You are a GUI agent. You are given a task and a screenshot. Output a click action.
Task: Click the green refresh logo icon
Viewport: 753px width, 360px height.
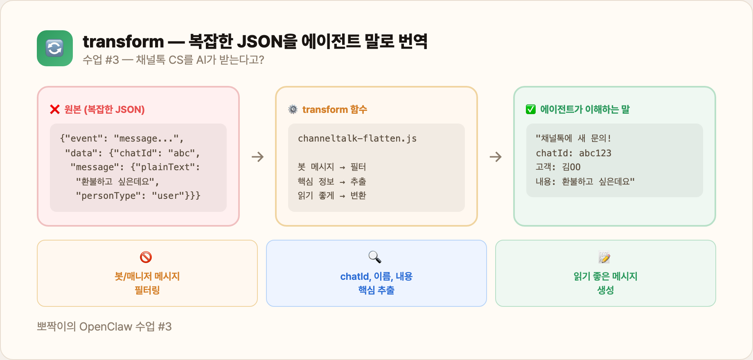click(54, 48)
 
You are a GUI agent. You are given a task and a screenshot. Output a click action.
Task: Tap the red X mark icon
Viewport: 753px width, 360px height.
click(55, 110)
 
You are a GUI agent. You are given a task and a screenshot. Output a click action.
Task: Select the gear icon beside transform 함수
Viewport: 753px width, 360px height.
click(293, 110)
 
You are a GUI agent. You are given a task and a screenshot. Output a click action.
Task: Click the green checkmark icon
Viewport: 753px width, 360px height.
click(531, 110)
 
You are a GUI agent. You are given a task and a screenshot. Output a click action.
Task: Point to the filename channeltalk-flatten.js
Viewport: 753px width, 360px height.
click(357, 139)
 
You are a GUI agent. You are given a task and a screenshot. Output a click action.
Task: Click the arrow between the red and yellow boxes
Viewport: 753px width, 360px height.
click(257, 157)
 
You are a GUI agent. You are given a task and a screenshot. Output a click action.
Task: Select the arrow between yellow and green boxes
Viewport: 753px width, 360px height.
click(496, 157)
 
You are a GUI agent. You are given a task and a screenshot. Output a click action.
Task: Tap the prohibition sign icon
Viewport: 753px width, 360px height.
click(146, 257)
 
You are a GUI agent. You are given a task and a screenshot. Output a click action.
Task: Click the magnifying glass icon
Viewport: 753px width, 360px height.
click(375, 257)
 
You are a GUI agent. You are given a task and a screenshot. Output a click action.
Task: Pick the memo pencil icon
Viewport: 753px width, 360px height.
click(604, 257)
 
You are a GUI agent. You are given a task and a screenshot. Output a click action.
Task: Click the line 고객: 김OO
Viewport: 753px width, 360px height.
click(558, 167)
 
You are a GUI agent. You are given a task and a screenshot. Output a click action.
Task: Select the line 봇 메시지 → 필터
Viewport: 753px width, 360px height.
click(332, 167)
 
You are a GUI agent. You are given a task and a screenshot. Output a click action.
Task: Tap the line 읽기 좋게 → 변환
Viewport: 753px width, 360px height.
click(332, 196)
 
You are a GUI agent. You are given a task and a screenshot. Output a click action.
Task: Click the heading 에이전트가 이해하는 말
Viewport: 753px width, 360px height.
click(585, 110)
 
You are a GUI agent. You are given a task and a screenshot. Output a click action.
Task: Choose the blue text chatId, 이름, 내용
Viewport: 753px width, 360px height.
click(376, 277)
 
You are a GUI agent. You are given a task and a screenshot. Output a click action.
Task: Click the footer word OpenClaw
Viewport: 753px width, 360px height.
click(106, 327)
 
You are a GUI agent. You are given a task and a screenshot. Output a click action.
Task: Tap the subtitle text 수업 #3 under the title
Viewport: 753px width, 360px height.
click(101, 60)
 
